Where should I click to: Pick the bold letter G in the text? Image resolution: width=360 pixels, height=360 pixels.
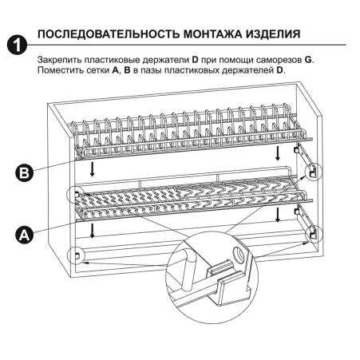(x=308, y=61)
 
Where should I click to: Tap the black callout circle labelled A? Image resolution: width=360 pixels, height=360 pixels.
(x=26, y=234)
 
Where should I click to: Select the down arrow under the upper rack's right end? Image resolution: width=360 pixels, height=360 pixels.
(x=275, y=152)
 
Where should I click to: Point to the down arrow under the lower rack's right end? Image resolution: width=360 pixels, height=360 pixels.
(x=276, y=215)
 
